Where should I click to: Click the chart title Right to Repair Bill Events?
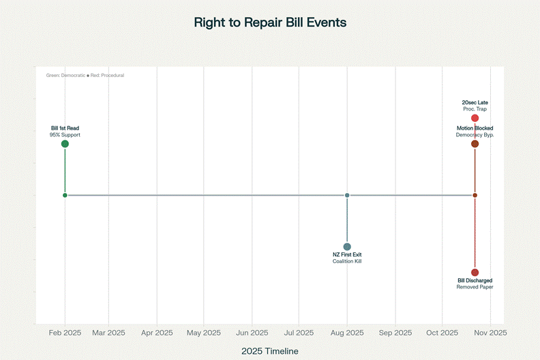coord(270,22)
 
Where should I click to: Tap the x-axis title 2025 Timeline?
coord(270,350)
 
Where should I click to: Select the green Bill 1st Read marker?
coord(65,144)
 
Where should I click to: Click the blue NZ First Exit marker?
coord(347,247)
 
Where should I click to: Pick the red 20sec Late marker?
coord(475,119)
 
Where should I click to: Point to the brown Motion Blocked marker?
coord(475,144)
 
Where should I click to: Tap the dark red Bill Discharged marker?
coord(475,273)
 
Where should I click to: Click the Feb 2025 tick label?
coord(65,333)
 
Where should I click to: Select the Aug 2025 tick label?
coord(347,333)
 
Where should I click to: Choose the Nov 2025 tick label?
coord(490,333)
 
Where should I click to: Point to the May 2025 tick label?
coord(204,333)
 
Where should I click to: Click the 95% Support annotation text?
coord(65,135)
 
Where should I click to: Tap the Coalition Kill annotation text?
coord(347,262)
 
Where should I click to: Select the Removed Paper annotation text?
coord(475,288)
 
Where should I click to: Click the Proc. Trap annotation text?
coord(475,109)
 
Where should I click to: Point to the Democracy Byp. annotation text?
coord(475,135)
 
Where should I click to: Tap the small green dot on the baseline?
coord(65,196)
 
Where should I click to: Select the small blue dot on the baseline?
coord(347,196)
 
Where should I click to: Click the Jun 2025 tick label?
coord(252,333)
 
